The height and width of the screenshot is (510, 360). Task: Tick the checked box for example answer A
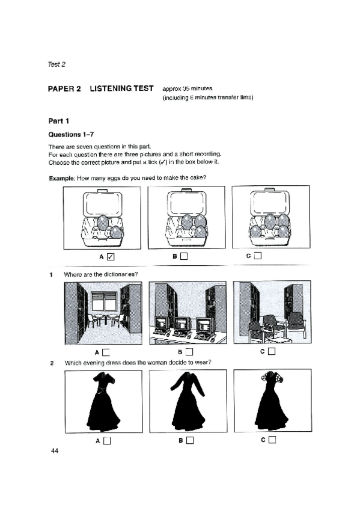pos(111,257)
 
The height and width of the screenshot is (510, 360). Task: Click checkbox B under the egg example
pos(184,256)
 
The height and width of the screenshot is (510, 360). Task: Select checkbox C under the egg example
pos(258,256)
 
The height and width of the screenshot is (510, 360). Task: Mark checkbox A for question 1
pos(106,352)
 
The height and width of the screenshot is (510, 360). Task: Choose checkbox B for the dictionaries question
pos(189,352)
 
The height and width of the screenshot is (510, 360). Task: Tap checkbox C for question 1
pos(272,351)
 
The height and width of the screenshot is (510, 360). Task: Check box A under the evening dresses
pos(107,441)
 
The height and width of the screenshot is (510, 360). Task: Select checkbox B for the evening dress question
pos(190,440)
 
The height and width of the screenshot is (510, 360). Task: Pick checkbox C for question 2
pos(272,440)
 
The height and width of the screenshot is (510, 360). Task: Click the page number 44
pos(55,450)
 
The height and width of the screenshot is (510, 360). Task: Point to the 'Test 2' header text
pos(56,64)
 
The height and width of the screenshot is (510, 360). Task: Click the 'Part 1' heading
pos(58,121)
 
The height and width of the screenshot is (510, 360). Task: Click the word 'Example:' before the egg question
pos(62,178)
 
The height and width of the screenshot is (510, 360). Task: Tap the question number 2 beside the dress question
pos(52,363)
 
